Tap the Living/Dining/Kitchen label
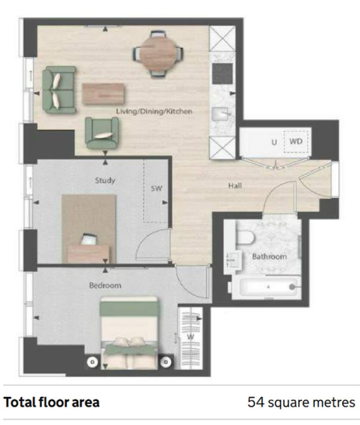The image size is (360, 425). tap(154, 111)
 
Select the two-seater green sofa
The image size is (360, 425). tap(59, 90)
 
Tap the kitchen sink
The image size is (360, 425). tap(222, 115)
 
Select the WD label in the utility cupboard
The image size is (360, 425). tap(296, 141)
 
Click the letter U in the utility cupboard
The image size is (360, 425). tap(274, 142)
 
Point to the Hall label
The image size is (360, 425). tap(235, 186)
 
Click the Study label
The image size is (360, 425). tap(105, 181)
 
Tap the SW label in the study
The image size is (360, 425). tap(156, 189)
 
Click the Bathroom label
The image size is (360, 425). tap(270, 257)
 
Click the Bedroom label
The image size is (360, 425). tap(105, 285)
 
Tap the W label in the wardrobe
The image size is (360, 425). tap(190, 337)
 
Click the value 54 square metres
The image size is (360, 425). tap(301, 403)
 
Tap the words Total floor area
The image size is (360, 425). tap(52, 403)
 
